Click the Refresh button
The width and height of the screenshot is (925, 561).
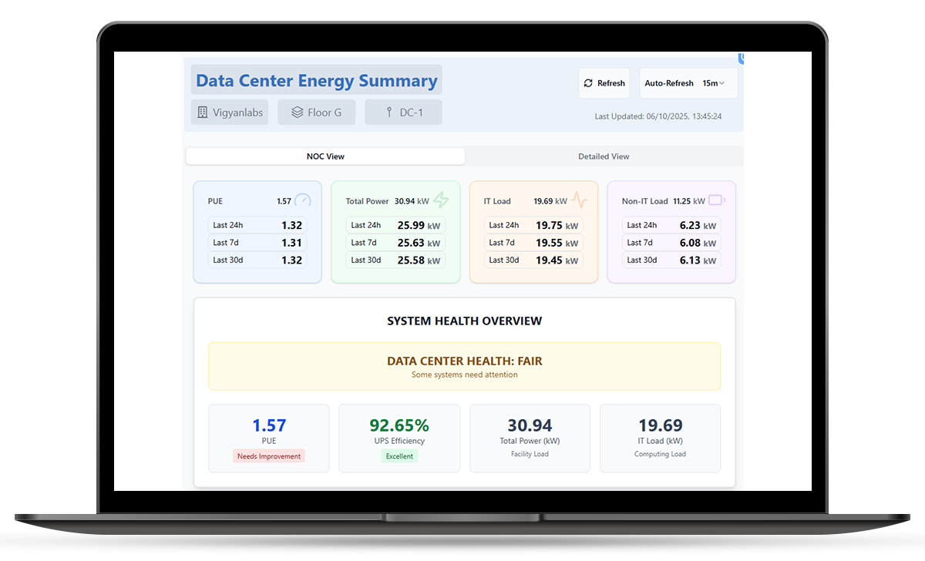[x=604, y=83]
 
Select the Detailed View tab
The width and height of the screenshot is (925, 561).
[x=604, y=156]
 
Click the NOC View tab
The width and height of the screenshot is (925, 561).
[x=325, y=156]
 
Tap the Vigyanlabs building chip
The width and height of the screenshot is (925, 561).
[x=230, y=113]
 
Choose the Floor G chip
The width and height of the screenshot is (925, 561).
[x=316, y=113]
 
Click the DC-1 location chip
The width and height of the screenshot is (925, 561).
[x=403, y=113]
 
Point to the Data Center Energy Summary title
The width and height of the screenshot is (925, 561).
[x=316, y=80]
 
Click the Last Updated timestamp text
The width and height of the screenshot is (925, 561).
[x=658, y=116]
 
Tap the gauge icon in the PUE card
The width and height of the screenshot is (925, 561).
[x=303, y=200]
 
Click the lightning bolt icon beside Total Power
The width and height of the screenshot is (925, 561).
[x=441, y=200]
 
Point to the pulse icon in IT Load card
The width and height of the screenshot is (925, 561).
[x=579, y=200]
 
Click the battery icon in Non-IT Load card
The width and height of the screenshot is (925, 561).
[x=717, y=200]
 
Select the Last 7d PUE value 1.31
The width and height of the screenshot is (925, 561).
[x=291, y=243]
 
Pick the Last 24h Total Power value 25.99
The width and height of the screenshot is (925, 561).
[x=411, y=225]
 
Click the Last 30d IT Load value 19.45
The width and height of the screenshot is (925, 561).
[x=549, y=260]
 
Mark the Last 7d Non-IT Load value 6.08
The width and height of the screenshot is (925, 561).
[x=690, y=243]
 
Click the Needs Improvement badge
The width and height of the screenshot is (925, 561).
[x=269, y=456]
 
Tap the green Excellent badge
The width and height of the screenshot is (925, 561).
[x=399, y=456]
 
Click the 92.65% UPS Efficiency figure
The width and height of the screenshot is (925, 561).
[x=399, y=425]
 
